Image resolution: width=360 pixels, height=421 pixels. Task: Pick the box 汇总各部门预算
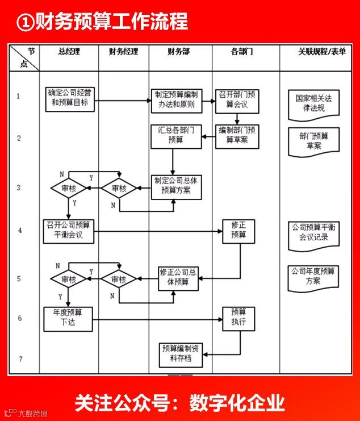tap(176, 136)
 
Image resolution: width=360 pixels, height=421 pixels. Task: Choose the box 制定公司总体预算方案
tap(177, 186)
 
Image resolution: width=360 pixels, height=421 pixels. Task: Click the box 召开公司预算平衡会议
tap(69, 230)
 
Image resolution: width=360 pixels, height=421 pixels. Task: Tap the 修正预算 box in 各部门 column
tap(238, 230)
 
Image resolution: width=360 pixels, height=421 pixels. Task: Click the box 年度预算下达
tap(68, 318)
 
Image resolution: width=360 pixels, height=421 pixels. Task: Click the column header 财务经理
tap(123, 52)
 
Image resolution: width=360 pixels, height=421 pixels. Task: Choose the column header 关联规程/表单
tap(322, 52)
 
